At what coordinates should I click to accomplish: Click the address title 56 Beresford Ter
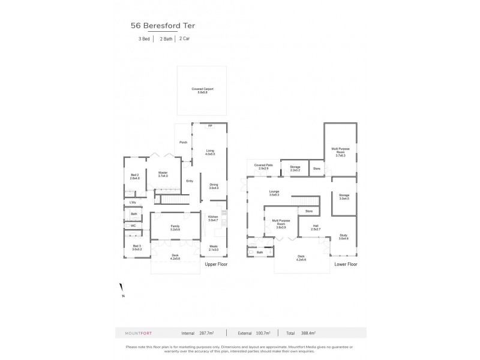162,26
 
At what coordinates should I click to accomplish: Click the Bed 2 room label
134,176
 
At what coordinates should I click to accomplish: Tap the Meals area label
214,248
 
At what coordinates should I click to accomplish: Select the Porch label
183,142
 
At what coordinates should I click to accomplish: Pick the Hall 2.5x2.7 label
316,227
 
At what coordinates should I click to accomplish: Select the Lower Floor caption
346,264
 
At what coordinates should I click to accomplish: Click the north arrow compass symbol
122,289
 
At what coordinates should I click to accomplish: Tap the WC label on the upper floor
133,226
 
